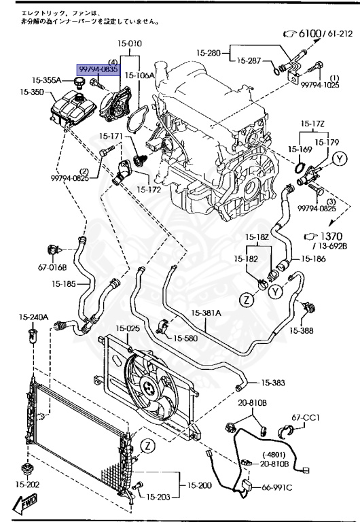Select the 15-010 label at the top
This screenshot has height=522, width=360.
click(x=129, y=43)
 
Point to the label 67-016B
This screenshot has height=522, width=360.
click(x=51, y=267)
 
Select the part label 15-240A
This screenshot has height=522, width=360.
click(x=33, y=317)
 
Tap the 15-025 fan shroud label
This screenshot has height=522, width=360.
click(x=127, y=328)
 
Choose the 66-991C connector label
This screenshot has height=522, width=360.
click(x=278, y=487)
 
